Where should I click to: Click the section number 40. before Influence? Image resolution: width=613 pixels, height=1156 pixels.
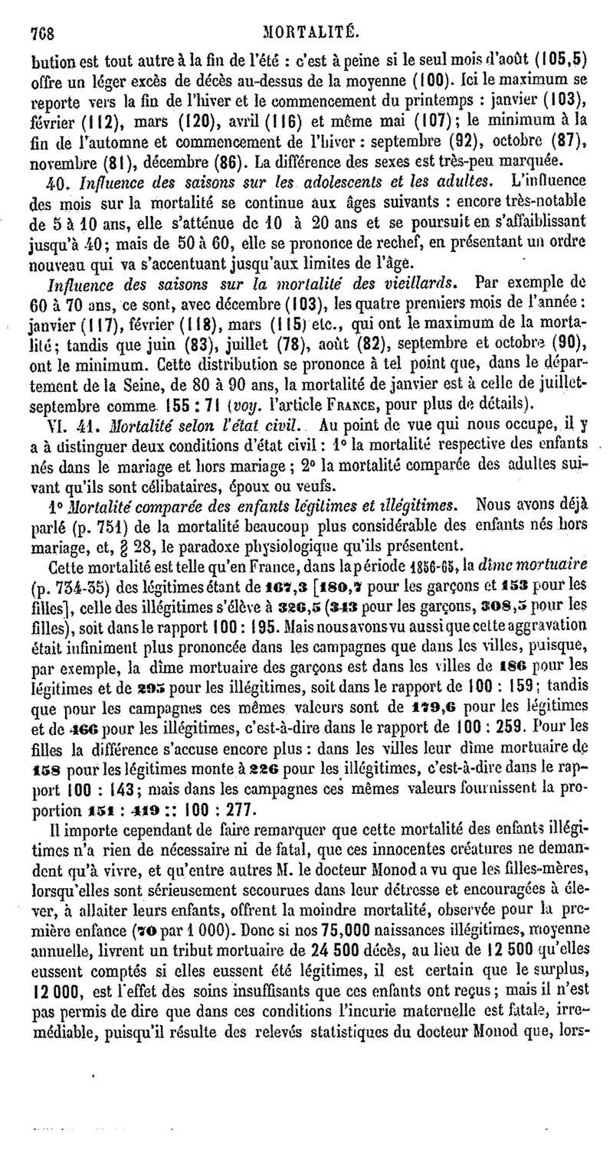point(59,182)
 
